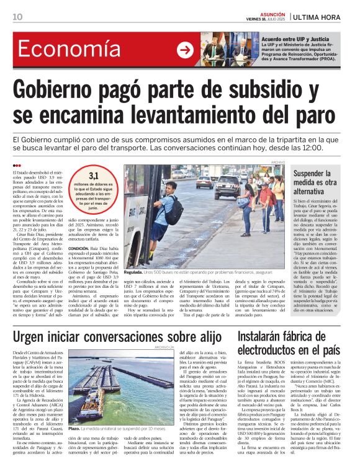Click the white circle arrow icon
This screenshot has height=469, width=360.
click(185, 50)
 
